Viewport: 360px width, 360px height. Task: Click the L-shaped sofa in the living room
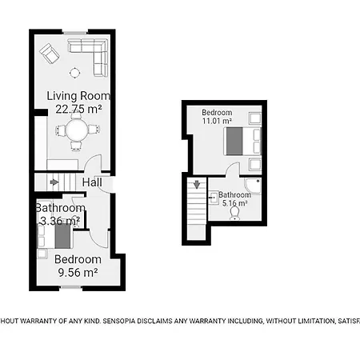(x=89, y=57)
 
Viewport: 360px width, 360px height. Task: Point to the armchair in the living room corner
(x=50, y=54)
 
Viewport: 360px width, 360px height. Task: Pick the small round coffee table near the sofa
(x=74, y=74)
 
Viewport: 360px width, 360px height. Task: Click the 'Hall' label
(x=92, y=182)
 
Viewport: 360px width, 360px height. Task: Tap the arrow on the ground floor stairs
(x=54, y=182)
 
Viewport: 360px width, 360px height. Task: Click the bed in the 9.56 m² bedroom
(x=61, y=237)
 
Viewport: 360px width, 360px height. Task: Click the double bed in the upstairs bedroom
(x=238, y=142)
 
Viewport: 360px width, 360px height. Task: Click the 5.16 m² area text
(x=234, y=204)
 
